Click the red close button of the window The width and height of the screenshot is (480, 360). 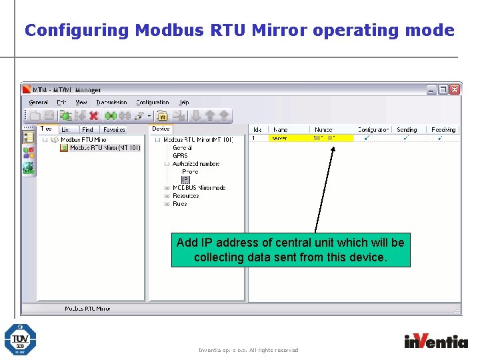pos(454,89)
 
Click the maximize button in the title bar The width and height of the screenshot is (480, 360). pos(443,89)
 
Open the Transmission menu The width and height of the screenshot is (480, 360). pos(111,103)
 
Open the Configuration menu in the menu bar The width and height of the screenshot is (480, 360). pos(153,103)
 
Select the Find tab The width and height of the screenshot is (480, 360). pos(87,129)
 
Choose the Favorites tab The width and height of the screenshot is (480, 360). pos(114,129)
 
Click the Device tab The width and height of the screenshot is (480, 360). pos(161,129)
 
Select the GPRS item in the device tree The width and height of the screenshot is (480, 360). pos(180,156)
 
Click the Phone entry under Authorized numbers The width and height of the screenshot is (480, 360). pos(190,172)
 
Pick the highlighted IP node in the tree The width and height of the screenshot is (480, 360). pos(185,180)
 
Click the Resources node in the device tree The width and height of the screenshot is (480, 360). pos(185,196)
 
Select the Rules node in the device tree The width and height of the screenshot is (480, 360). pos(180,204)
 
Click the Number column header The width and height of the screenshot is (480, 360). pos(324,129)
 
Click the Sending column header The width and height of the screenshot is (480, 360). pos(407,129)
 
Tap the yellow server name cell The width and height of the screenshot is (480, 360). pos(289,138)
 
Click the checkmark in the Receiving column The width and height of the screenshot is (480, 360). pos(439,138)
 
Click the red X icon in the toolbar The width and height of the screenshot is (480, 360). pos(94,116)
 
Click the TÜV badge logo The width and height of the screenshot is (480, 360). pos(20,339)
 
